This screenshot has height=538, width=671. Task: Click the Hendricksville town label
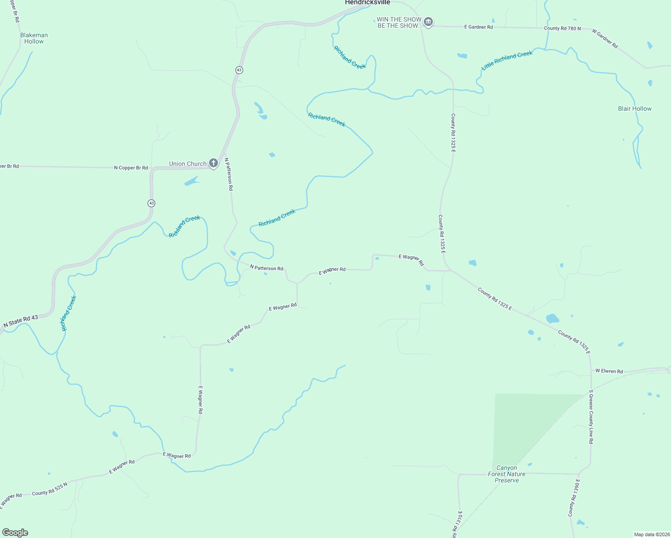367,3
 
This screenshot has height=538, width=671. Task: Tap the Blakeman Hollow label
34,38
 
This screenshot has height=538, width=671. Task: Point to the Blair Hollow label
635,108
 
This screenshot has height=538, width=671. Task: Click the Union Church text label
187,164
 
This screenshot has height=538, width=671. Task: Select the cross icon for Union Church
213,163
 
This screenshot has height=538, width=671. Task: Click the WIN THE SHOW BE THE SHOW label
399,22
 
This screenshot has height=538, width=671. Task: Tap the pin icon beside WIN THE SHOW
428,22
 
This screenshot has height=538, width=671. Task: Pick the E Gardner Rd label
478,27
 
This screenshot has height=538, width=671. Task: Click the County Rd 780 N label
562,28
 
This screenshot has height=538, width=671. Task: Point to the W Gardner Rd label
605,39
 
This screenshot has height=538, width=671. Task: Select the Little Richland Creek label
507,61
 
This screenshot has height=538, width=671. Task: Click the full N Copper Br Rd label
131,168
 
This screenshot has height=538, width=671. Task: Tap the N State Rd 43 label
21,321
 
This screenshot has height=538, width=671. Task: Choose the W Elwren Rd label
609,371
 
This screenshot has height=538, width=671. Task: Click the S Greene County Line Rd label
591,417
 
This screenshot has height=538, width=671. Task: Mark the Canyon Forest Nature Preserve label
507,474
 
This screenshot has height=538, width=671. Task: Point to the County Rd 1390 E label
574,498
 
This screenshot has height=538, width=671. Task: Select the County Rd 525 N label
49,489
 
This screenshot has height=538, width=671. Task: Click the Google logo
15,533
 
